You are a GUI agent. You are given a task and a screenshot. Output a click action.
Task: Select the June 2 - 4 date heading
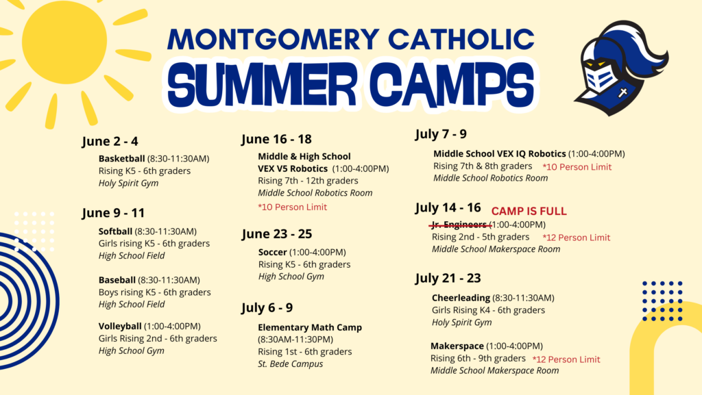click(x=110, y=142)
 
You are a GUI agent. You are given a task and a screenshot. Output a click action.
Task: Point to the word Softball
click(x=116, y=231)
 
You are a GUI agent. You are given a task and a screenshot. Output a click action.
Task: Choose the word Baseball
click(x=117, y=280)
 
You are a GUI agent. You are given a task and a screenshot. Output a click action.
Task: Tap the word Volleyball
click(x=120, y=327)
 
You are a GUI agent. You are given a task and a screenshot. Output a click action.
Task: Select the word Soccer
click(x=273, y=253)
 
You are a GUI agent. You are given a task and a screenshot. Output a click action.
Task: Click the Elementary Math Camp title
click(x=310, y=328)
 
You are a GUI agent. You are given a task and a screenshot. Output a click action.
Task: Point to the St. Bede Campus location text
click(x=291, y=364)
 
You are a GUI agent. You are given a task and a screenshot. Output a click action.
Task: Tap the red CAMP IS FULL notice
click(x=529, y=212)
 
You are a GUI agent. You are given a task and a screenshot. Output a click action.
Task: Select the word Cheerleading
click(x=461, y=298)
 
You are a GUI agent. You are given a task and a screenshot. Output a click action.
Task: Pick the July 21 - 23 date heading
click(x=448, y=278)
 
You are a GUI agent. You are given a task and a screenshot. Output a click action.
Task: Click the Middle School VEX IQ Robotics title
click(x=500, y=154)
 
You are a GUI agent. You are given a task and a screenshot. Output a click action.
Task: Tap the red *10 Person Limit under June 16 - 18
click(x=292, y=207)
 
